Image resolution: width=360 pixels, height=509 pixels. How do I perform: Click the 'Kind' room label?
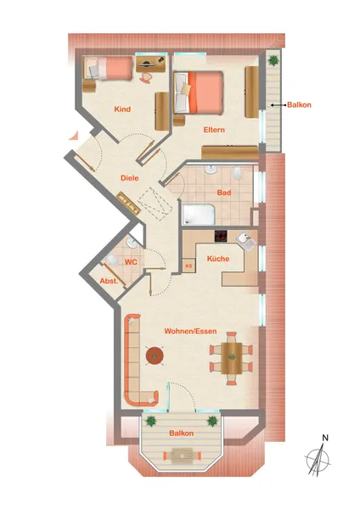pos(122,109)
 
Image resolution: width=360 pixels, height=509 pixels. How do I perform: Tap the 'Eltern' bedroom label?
pos(214,130)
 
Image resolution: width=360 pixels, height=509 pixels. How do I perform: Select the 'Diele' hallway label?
pos(130,178)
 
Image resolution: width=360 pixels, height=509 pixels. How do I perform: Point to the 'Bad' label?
pos(224,193)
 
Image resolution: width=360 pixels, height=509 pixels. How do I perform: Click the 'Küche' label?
pos(218,259)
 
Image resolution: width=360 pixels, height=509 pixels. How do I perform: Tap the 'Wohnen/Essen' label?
pos(190,331)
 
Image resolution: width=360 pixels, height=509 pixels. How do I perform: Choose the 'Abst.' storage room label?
pos(109,281)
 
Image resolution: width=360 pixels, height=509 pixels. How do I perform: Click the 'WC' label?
pos(131,262)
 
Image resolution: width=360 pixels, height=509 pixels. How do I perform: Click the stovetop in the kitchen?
pos(221,236)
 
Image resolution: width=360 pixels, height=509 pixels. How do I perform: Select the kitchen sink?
pos(246,241)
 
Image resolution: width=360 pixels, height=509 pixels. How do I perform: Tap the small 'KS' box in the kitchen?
pos(188,266)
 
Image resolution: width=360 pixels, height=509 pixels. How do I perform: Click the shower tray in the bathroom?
pos(198,215)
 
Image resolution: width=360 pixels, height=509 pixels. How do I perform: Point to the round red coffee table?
pos(155,355)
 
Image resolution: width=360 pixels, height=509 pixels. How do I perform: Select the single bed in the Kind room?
pos(108,68)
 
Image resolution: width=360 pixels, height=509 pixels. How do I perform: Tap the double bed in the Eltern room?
pos(199,92)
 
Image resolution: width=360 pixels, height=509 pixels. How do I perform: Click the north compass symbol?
pos(318,456)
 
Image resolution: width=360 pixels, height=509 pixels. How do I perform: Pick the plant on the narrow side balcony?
pos(273,60)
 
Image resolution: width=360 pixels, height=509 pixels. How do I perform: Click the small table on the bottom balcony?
pos(182,455)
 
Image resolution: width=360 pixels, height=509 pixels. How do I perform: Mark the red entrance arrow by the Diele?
pos(74,135)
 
